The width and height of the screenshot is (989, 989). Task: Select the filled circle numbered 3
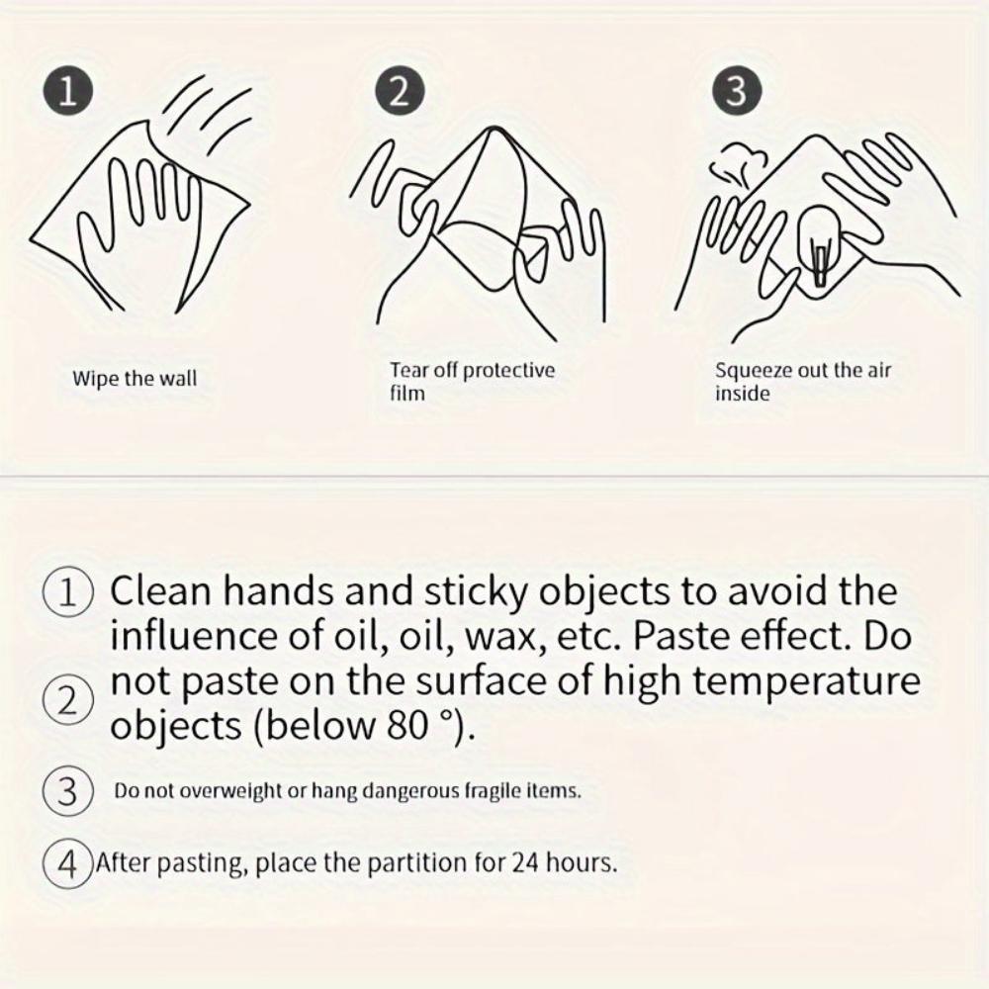click(x=737, y=91)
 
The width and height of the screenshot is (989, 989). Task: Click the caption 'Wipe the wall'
click(x=135, y=379)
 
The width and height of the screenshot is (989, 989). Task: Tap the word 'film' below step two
click(x=406, y=393)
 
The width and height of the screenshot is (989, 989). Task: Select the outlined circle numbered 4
click(x=68, y=862)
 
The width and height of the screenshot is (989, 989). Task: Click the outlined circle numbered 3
click(x=68, y=791)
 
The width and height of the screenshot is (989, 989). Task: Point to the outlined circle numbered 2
click(x=68, y=700)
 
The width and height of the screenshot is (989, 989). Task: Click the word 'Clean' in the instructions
click(x=160, y=591)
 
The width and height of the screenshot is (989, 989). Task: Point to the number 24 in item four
click(x=523, y=862)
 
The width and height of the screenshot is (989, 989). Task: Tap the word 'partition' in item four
click(x=417, y=862)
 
